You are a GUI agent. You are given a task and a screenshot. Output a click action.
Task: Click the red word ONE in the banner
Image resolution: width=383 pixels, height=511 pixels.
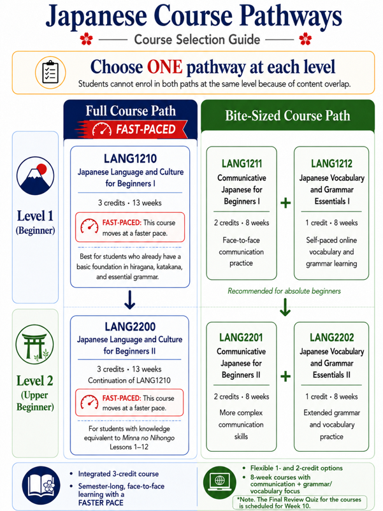click(164, 67)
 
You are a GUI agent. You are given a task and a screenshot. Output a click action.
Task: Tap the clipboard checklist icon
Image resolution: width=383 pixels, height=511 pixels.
click(50, 73)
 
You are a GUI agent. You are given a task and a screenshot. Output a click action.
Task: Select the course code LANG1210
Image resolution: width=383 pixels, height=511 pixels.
click(131, 159)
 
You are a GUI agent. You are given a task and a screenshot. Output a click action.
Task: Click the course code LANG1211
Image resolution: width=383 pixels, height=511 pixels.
click(242, 163)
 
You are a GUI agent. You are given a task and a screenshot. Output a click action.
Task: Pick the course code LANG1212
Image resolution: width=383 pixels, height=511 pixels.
click(331, 163)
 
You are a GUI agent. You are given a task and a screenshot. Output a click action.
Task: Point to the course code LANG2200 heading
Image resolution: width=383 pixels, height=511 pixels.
click(130, 327)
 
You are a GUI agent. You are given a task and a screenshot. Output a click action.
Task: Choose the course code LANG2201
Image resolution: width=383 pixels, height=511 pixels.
click(241, 337)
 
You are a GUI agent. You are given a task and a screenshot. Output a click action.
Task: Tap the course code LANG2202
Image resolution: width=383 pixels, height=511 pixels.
click(331, 337)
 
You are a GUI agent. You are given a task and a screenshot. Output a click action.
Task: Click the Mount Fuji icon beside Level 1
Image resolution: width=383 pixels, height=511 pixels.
click(35, 176)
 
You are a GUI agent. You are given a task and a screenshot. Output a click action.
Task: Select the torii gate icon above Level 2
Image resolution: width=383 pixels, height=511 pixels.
click(35, 344)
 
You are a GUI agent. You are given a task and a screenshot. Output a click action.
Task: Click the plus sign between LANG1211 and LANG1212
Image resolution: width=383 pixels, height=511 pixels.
click(285, 203)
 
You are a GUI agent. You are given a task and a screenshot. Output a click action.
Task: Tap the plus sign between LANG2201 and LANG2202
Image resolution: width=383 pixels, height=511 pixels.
click(285, 377)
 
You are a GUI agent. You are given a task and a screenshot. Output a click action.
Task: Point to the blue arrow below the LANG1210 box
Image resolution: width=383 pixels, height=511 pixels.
click(130, 300)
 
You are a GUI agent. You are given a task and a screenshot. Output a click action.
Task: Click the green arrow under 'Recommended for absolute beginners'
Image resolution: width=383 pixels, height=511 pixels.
click(285, 307)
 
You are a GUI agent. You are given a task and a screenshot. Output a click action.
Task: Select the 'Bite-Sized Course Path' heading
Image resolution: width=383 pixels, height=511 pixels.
click(287, 116)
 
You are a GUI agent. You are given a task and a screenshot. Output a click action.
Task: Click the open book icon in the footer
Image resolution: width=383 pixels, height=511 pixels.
click(41, 486)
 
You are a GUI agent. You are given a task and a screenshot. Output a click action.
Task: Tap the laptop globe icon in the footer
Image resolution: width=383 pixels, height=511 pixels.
click(220, 483)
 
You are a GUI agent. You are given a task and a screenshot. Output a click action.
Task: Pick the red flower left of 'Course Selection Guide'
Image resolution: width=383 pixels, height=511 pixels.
click(87, 39)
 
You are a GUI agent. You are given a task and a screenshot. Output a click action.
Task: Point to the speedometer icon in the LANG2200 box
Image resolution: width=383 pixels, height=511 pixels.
click(89, 402)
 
